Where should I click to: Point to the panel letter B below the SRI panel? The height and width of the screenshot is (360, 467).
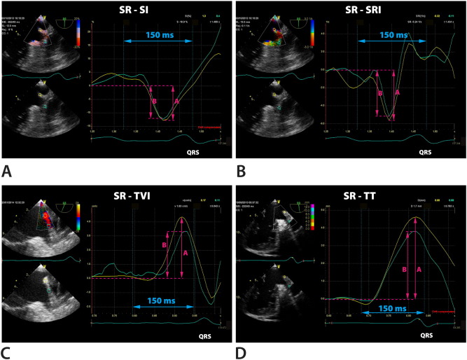(x=239, y=171)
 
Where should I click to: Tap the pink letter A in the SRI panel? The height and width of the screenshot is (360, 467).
(x=398, y=92)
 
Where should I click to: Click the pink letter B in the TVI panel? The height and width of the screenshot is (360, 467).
(x=164, y=246)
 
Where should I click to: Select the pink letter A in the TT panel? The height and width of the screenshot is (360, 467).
(x=419, y=268)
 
